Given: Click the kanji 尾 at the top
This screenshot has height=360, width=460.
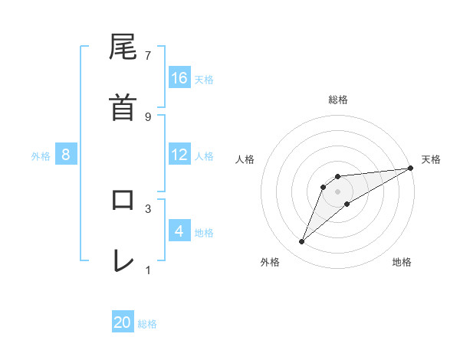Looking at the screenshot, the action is coord(123,48).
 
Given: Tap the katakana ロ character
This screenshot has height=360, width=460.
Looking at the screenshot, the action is coord(123,201).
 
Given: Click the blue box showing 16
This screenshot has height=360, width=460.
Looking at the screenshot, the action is coord(179,78).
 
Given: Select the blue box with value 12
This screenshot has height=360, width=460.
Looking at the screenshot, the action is coord(179,155).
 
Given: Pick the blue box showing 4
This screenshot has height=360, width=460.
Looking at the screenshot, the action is coord(179,231).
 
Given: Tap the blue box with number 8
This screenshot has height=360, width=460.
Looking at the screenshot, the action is coord(66,155).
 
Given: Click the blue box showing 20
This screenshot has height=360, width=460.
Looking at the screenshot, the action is coord(123,322).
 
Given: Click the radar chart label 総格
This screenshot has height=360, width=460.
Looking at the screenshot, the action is coord(338,100).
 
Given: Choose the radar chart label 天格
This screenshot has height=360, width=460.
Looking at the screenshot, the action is coord(431,159).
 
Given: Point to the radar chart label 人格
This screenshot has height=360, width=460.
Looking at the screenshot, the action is coord(245,159).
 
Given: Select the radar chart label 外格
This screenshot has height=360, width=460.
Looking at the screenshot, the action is coord(270,262).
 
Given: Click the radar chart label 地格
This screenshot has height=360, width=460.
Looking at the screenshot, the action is coord(402,262).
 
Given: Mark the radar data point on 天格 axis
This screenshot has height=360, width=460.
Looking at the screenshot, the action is coord(410,169).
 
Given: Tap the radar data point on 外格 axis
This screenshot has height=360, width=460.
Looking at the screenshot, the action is coord(302,242).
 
